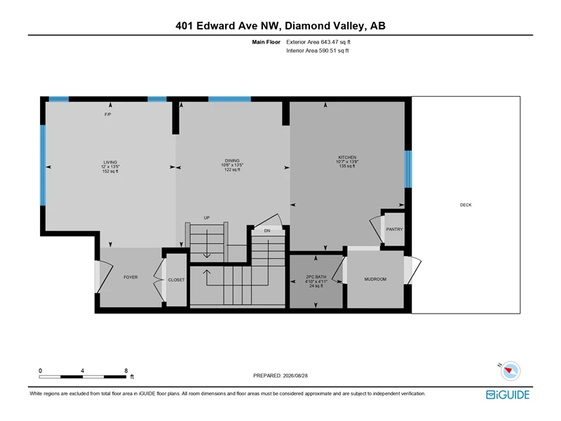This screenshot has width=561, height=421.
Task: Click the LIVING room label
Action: (110, 162)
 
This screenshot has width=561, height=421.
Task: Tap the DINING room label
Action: (232, 161)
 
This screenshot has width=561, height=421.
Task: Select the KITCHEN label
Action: (347, 157)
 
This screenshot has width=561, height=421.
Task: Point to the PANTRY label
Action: (394, 229)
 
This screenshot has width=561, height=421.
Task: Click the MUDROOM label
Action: (375, 279)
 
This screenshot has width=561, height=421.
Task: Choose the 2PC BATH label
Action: (316, 276)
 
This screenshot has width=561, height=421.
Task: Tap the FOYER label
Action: (130, 277)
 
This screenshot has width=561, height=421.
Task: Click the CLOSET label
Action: (177, 279)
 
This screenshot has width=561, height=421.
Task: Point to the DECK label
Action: (466, 205)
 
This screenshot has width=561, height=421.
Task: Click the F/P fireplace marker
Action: (108, 114)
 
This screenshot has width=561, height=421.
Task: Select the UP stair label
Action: (207, 218)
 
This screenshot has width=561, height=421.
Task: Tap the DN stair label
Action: (267, 231)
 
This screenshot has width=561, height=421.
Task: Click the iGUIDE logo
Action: (508, 394)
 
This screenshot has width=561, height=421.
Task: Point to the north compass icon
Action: (511, 371)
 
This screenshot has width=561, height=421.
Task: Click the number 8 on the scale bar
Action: (126, 370)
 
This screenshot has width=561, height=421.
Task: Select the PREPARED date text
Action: (280, 375)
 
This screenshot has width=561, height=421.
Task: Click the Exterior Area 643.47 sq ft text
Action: (318, 42)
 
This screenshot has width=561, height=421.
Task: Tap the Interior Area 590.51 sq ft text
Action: (318, 51)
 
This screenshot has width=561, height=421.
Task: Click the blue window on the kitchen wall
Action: (408, 169)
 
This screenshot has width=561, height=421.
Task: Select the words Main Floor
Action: (266, 42)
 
